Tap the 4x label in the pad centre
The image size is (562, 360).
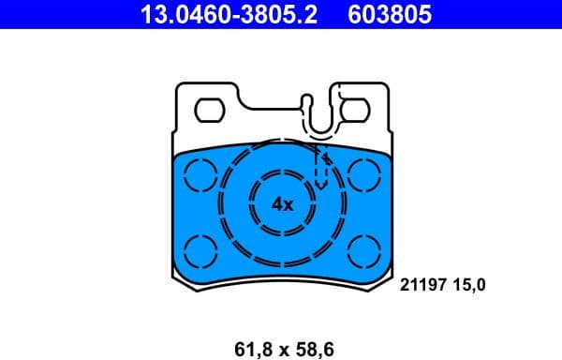coord(282,203)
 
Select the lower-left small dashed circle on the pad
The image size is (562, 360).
coord(200,248)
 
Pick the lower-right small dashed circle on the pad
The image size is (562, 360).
coord(362,248)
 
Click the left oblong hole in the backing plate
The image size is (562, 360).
coord(211,111)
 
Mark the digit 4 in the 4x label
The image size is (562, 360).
coord(276,203)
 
